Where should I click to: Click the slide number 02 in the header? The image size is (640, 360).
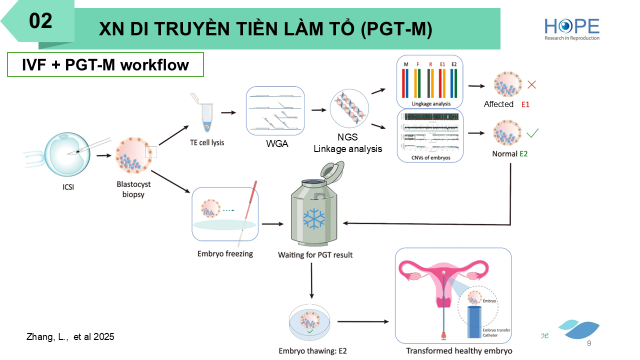[x=40, y=21]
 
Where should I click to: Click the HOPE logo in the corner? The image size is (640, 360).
[x=572, y=28]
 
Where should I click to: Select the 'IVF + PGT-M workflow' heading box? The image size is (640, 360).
[x=105, y=64]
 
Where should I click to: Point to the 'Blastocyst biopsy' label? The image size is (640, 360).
[x=133, y=189]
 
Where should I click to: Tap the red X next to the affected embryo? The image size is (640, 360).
[x=531, y=84]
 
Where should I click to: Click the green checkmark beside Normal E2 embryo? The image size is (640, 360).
[x=532, y=133]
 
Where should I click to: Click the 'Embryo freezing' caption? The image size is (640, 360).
[x=225, y=253]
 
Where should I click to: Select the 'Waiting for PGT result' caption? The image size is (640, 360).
[x=315, y=255]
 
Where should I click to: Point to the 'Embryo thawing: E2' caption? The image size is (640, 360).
[x=312, y=350]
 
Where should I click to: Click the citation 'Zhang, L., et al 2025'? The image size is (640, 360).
[x=70, y=337]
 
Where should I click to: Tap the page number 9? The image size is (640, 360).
[x=588, y=343]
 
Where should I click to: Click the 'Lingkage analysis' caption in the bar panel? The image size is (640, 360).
[x=430, y=104]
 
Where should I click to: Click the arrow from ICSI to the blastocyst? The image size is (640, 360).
[x=104, y=155]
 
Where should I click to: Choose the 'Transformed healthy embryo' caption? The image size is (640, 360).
[x=459, y=350]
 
